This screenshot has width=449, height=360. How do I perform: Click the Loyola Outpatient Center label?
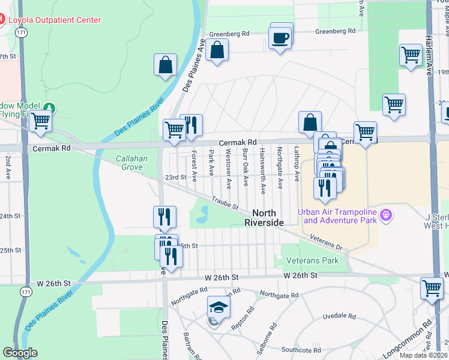coord(54,20)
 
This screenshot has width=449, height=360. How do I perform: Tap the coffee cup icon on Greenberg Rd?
coord(280,39)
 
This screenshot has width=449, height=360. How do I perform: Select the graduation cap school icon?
coord(219,308)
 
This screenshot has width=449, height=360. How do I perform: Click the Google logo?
coord(20,352)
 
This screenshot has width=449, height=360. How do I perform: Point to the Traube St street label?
coord(224,203)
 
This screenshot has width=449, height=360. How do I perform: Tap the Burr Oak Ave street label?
coord(246,166)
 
